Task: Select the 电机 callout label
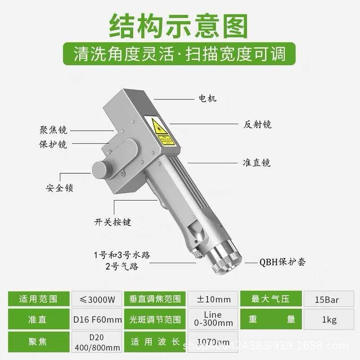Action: (207, 98)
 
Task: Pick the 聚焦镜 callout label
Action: (53, 130)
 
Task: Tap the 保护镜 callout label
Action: (53, 144)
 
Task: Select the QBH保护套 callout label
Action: (283, 262)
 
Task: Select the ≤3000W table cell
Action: (96, 299)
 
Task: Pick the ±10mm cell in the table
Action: (214, 299)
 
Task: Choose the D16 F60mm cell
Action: (96, 320)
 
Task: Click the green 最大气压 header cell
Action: (270, 299)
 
